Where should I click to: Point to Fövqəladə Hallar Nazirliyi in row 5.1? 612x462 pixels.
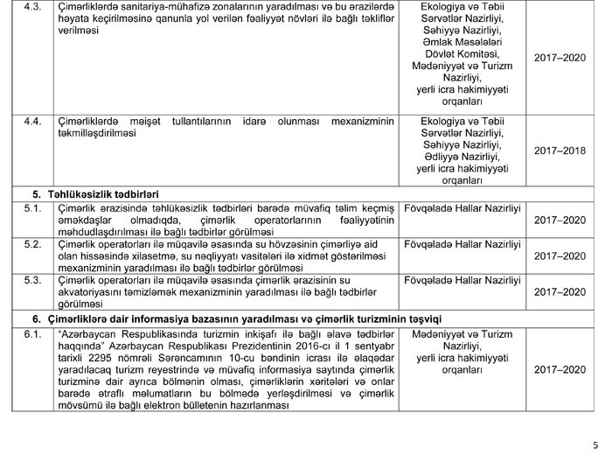pos(463,207)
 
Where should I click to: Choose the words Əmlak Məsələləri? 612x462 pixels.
pos(463,42)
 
